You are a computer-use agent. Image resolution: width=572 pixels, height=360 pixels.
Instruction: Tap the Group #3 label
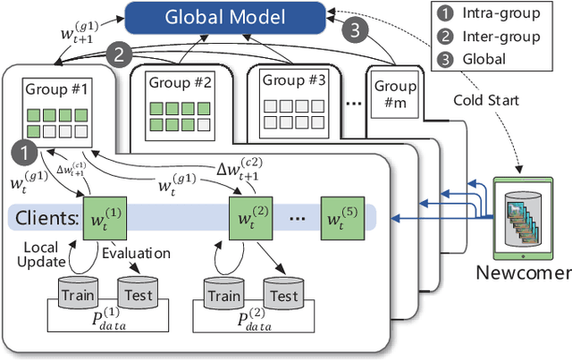(290, 80)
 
